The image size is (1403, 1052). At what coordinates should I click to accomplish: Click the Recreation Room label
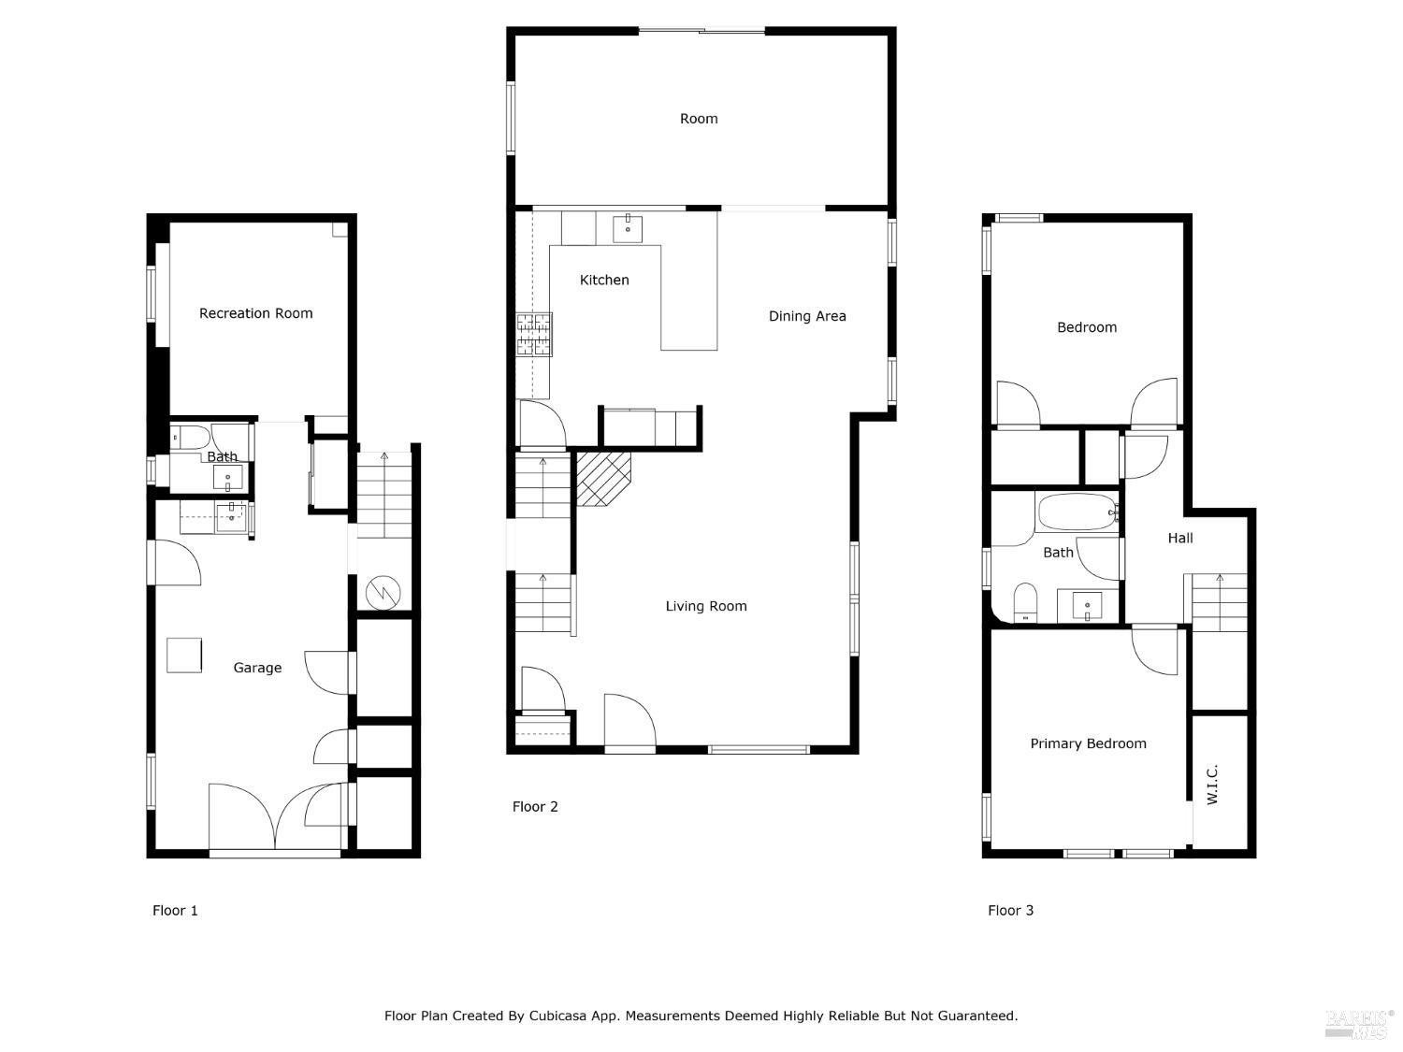255,313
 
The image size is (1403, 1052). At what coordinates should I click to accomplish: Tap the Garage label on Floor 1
257,668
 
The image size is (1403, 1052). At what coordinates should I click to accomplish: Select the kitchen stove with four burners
534,335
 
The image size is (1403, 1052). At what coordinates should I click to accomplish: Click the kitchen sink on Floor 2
628,227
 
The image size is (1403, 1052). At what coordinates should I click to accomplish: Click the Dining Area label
807,316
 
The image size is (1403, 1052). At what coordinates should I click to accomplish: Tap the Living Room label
706,606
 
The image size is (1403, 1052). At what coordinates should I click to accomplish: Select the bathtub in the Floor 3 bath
1077,512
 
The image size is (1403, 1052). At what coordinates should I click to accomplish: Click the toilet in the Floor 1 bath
190,437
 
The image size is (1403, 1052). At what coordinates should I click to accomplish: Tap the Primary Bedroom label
1088,743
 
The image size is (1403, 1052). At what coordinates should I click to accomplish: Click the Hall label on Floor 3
1180,538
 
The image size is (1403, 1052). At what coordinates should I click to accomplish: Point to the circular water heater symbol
382,591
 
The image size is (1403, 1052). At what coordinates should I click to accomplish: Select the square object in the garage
184,655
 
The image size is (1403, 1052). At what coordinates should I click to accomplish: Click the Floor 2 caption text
535,806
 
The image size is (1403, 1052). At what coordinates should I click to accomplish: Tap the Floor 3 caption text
1010,910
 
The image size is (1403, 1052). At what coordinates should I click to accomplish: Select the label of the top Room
699,119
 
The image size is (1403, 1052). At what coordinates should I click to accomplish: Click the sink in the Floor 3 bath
1087,605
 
